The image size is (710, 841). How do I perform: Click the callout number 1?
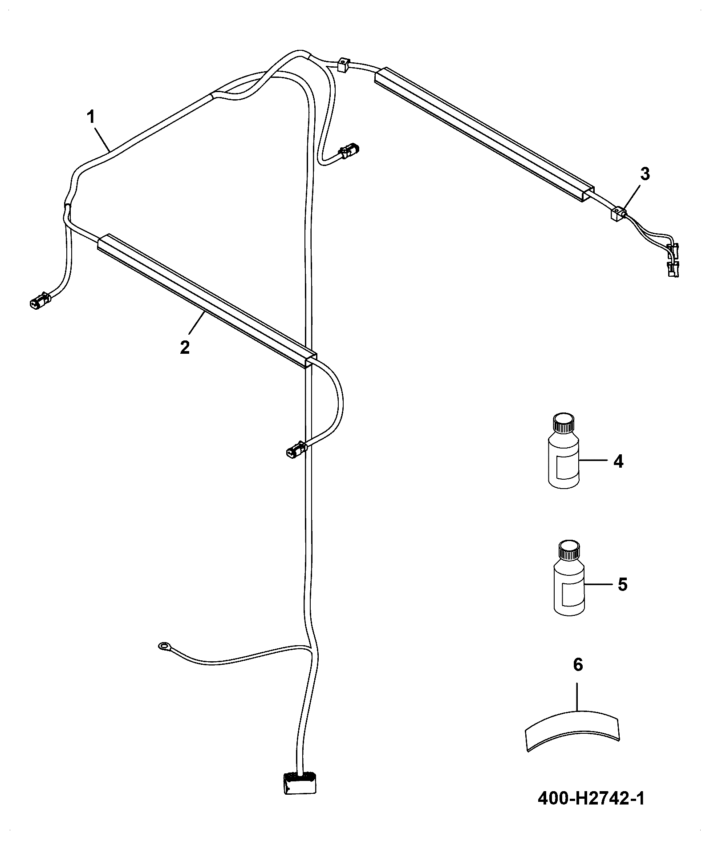click(90, 118)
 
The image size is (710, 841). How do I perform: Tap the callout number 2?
click(184, 347)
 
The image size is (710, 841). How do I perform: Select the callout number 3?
click(645, 174)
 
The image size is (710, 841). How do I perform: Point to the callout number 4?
click(618, 461)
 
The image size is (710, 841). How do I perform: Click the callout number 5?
click(622, 584)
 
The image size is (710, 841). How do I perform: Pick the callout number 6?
click(577, 677)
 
